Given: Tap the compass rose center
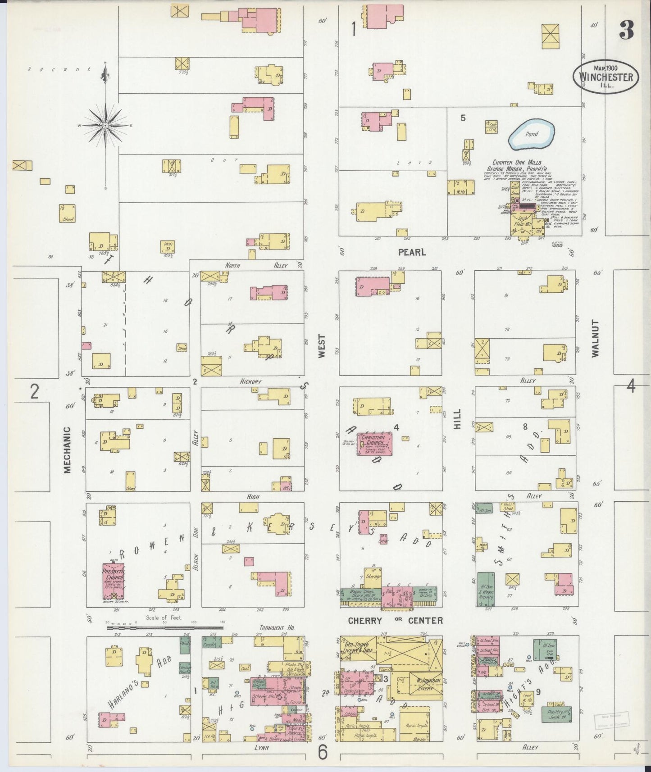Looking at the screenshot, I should point(105,125).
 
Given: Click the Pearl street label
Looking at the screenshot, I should point(412,252).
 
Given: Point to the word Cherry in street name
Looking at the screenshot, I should point(365,620).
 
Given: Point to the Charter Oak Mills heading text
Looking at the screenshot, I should point(517,163).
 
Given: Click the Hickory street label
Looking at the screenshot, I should point(250,381).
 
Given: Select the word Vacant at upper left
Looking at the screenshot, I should point(59,69).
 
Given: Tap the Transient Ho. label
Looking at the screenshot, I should point(275,627).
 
